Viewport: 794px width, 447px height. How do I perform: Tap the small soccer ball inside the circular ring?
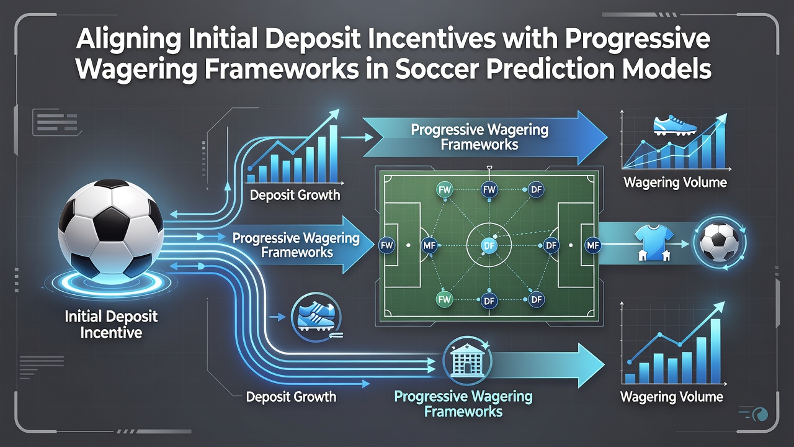pos(719,243)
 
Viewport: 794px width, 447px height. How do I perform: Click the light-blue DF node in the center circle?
pos(489,245)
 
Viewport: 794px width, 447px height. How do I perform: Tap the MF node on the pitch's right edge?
pos(592,245)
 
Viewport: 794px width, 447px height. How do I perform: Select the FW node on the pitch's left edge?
pos(386,245)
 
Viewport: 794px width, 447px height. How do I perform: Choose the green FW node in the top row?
pos(444,190)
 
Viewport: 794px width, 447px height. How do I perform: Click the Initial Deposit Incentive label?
pos(111,324)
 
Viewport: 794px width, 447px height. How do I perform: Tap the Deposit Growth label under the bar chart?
pos(295,195)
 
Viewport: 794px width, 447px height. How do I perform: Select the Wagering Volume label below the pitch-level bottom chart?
pos(672,397)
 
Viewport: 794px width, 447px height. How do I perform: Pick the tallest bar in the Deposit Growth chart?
pos(334,153)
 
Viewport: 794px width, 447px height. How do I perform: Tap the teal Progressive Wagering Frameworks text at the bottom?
pos(463,404)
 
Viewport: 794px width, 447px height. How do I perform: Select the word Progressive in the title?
pos(637,39)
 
